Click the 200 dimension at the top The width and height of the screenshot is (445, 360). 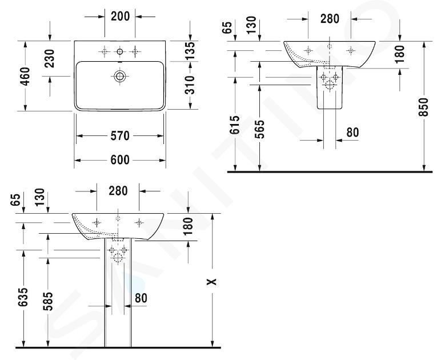pyautogui.click(x=120, y=17)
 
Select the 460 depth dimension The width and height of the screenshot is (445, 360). pyautogui.click(x=25, y=76)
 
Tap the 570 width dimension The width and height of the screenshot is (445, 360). pyautogui.click(x=120, y=135)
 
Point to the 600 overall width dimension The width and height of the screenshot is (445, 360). pyautogui.click(x=120, y=160)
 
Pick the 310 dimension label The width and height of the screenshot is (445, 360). pyautogui.click(x=190, y=85)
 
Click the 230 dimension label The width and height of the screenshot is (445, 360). pyautogui.click(x=50, y=58)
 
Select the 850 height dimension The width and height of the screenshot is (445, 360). pyautogui.click(x=423, y=107)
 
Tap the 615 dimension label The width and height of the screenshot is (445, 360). pyautogui.click(x=235, y=125)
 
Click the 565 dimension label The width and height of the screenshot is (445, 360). pyautogui.click(x=259, y=129)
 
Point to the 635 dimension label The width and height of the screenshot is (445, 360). pyautogui.click(x=23, y=297)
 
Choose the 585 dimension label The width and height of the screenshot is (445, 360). pyautogui.click(x=47, y=301)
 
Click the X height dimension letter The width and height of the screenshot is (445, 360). pyautogui.click(x=212, y=282)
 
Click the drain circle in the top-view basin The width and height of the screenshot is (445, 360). pyautogui.click(x=120, y=76)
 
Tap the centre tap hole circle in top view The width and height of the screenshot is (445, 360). pyautogui.click(x=120, y=51)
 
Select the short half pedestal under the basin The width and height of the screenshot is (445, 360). pyautogui.click(x=330, y=87)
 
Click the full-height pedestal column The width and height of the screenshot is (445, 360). pyautogui.click(x=118, y=293)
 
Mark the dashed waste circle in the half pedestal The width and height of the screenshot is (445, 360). pyautogui.click(x=330, y=85)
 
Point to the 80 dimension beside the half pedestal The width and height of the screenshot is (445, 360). pyautogui.click(x=352, y=133)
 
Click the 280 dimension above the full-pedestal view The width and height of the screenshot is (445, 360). pyautogui.click(x=118, y=191)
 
